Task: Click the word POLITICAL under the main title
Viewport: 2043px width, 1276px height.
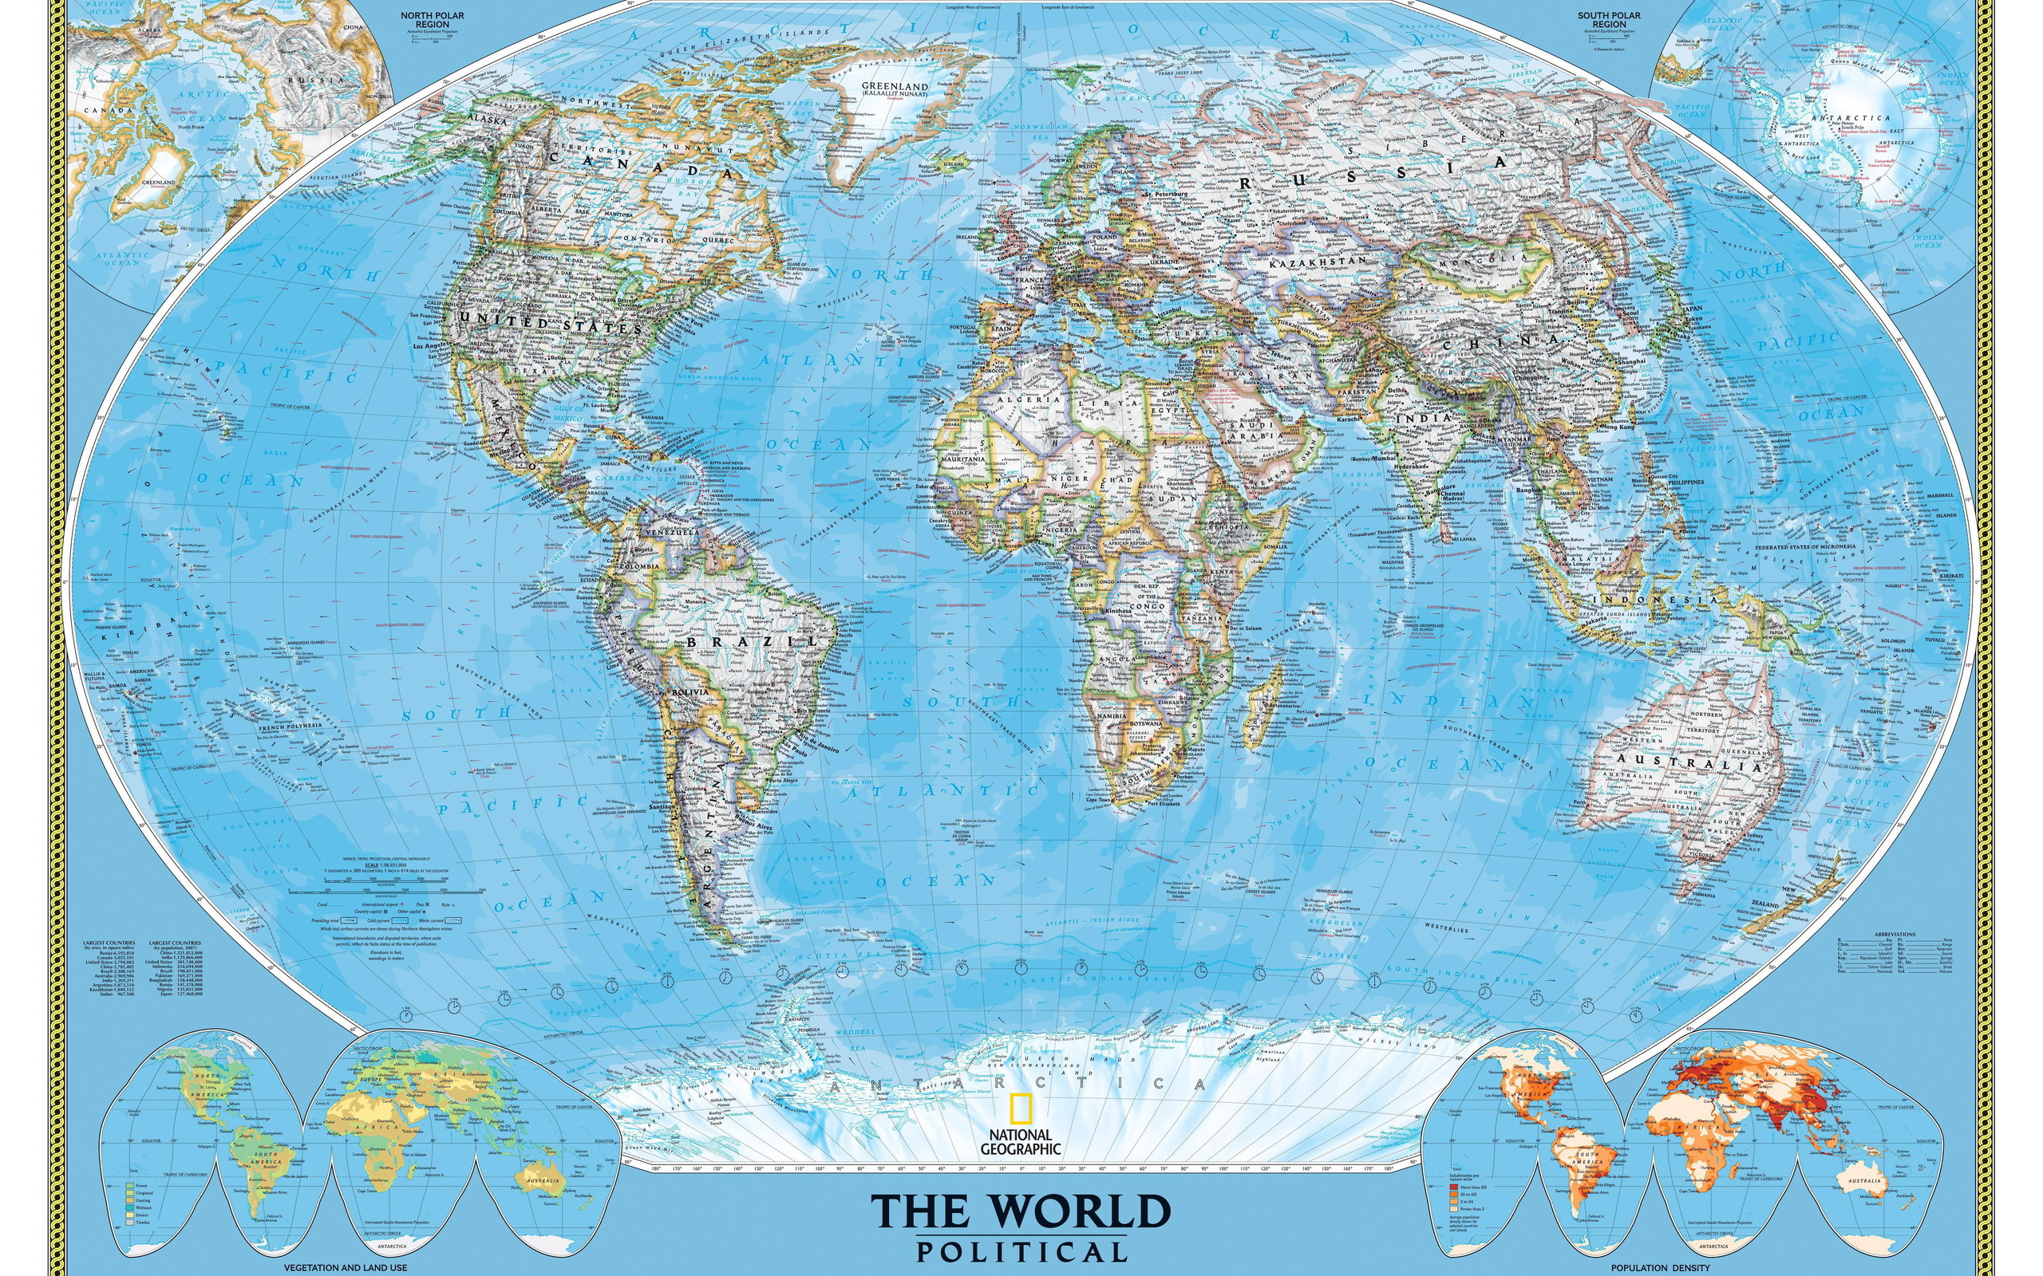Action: click(1021, 1250)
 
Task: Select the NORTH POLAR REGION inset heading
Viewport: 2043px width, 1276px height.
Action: click(433, 20)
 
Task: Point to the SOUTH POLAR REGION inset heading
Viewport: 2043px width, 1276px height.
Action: click(1609, 20)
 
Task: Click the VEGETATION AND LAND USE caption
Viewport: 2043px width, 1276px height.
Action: click(346, 1267)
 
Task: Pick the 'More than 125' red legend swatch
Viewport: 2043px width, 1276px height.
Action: click(1453, 1187)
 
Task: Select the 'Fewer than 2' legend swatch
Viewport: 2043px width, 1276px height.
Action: click(1453, 1208)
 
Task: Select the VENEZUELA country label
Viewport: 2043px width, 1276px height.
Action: click(671, 534)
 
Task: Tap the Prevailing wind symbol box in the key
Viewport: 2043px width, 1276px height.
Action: click(351, 920)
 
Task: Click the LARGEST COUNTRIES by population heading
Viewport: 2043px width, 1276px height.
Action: click(175, 943)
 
